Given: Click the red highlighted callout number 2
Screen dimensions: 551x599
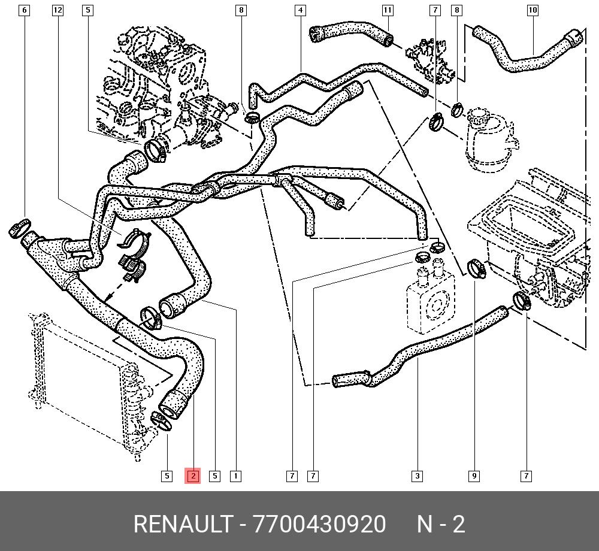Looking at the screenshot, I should [x=193, y=476].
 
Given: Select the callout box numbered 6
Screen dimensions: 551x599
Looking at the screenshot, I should [x=24, y=10].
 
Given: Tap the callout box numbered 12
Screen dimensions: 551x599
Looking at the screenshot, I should [x=58, y=10].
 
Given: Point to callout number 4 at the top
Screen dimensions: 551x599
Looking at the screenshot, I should [x=300, y=10].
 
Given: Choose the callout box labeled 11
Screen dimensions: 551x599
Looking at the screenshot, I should [x=388, y=10].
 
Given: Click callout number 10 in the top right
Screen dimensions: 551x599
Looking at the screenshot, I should [x=533, y=10].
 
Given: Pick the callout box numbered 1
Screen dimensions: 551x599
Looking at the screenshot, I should [x=236, y=476].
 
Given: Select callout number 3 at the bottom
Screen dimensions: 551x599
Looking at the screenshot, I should [x=417, y=476].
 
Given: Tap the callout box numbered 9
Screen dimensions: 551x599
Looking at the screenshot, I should [x=474, y=476].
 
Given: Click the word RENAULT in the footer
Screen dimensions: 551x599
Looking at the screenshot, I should [x=181, y=524].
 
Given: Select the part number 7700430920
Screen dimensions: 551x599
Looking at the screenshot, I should [x=320, y=524].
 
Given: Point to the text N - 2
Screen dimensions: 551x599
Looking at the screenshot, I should [x=441, y=524].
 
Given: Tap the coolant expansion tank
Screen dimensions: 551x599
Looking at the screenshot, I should [x=488, y=138].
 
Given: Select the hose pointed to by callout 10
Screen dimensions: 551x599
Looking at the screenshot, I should [x=527, y=57].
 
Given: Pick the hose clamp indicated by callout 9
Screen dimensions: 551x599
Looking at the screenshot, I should [x=477, y=268].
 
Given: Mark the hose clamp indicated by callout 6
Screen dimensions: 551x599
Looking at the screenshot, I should [x=20, y=228].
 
